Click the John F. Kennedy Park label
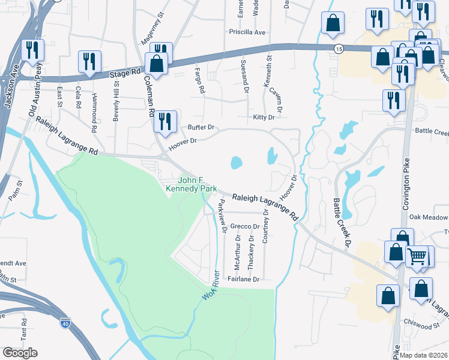click(x=191, y=184)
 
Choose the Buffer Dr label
click(x=201, y=127)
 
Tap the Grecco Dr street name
click(x=244, y=227)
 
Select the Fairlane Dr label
click(x=243, y=279)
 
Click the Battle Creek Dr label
click(x=340, y=223)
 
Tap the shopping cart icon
click(x=418, y=256)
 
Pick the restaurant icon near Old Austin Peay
click(x=32, y=50)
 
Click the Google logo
click(x=20, y=353)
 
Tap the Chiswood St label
click(x=423, y=326)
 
